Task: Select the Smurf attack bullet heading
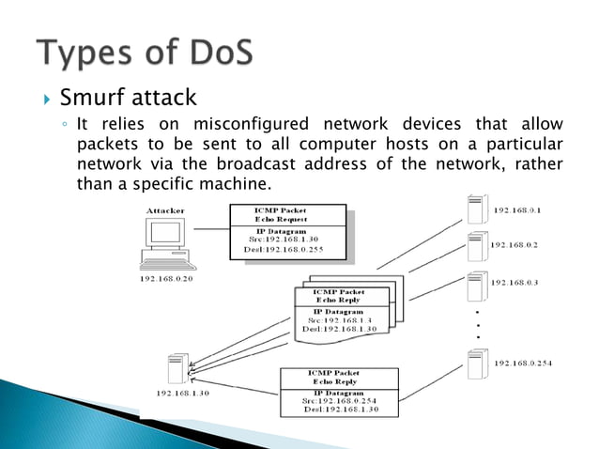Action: tap(129, 97)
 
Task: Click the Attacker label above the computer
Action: tap(166, 211)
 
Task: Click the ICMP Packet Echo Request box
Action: tap(292, 215)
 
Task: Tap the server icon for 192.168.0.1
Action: tap(476, 209)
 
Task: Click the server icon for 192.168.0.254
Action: tap(476, 363)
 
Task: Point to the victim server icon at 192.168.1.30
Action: tap(177, 368)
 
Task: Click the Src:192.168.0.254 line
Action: tap(340, 401)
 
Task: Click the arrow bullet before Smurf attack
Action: tap(43, 98)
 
